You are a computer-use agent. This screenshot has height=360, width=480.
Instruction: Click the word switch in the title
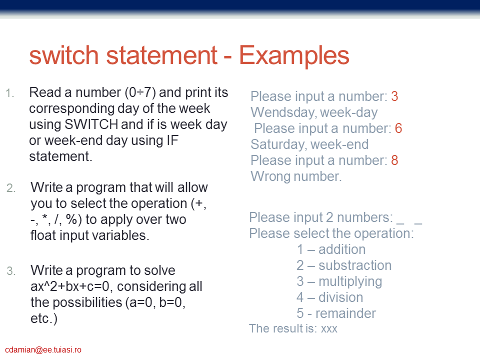[x=64, y=55]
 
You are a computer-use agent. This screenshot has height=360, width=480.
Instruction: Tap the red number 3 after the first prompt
[x=394, y=96]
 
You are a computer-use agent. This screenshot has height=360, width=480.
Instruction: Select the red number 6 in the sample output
[x=398, y=128]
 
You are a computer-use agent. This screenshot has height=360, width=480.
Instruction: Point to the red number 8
[x=394, y=160]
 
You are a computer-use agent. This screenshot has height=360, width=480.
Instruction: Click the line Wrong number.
[x=296, y=176]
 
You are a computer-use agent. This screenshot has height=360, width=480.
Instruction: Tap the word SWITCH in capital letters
[x=91, y=124]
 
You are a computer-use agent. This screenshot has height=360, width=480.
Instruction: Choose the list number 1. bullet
[x=10, y=93]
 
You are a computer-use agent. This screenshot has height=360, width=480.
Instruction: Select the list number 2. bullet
[x=11, y=188]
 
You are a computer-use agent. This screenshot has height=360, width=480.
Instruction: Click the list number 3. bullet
[x=11, y=271]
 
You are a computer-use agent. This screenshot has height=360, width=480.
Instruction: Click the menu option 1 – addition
[x=331, y=249]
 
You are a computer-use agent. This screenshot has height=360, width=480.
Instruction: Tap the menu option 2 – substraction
[x=344, y=265]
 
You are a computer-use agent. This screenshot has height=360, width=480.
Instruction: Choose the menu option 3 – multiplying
[x=339, y=282]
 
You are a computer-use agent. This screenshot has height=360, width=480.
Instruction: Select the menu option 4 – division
[x=330, y=297]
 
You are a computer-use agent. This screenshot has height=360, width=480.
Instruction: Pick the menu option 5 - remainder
[x=336, y=313]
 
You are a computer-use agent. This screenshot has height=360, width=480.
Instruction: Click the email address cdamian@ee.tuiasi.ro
[x=43, y=350]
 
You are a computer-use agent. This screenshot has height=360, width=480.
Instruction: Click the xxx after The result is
[x=329, y=329]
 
